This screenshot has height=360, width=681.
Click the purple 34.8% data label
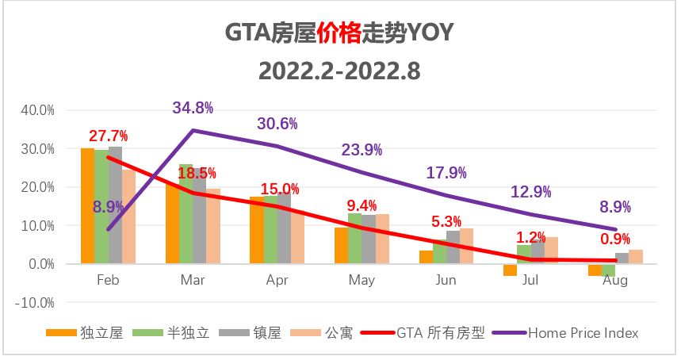[x=193, y=108]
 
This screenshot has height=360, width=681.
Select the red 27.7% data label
[x=108, y=136]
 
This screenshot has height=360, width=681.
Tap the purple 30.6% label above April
[x=277, y=124]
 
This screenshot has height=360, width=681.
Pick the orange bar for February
[x=87, y=205]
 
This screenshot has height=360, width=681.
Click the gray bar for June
[x=453, y=247]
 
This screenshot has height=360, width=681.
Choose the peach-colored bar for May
[x=382, y=238]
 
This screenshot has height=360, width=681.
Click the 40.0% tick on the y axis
[x=36, y=110]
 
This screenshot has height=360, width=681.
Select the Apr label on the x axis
[x=277, y=281]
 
